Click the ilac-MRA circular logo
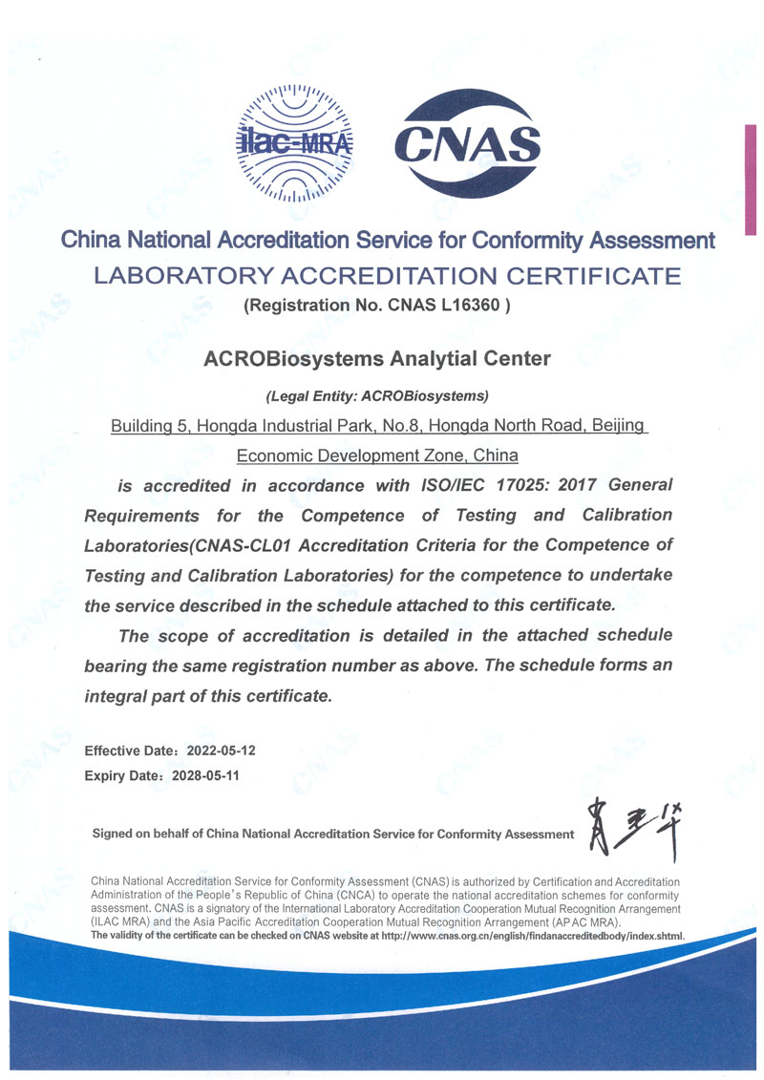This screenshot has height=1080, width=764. (x=293, y=142)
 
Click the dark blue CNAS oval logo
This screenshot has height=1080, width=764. (x=468, y=142)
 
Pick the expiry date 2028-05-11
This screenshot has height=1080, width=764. (x=204, y=775)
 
